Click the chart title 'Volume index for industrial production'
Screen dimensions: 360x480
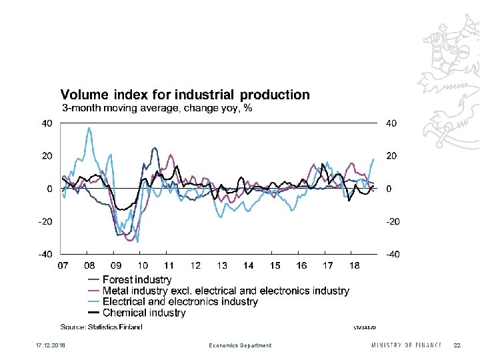pyautogui.click(x=185, y=95)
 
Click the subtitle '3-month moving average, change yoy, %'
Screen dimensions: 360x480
pyautogui.click(x=157, y=108)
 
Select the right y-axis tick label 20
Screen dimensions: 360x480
pyautogui.click(x=392, y=156)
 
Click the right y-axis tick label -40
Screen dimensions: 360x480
pyautogui.click(x=393, y=254)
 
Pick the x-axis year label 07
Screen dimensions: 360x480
pyautogui.click(x=63, y=265)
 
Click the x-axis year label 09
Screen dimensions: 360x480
pyautogui.click(x=116, y=265)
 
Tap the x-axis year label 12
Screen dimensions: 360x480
pyautogui.click(x=195, y=265)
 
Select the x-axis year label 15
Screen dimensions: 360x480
pyautogui.click(x=275, y=265)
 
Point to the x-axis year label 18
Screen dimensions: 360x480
pyautogui.click(x=354, y=265)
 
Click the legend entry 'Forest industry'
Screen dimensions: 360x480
pyautogui.click(x=137, y=280)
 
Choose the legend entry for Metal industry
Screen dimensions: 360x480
pyautogui.click(x=225, y=291)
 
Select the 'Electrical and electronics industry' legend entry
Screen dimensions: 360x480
pyautogui.click(x=180, y=301)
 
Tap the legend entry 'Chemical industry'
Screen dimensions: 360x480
pyautogui.click(x=144, y=312)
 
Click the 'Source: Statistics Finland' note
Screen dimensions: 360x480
pyautogui.click(x=101, y=327)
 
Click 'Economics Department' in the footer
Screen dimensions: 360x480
pyautogui.click(x=240, y=345)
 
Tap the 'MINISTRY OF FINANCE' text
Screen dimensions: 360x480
pyautogui.click(x=407, y=345)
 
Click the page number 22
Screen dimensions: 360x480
pyautogui.click(x=457, y=345)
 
